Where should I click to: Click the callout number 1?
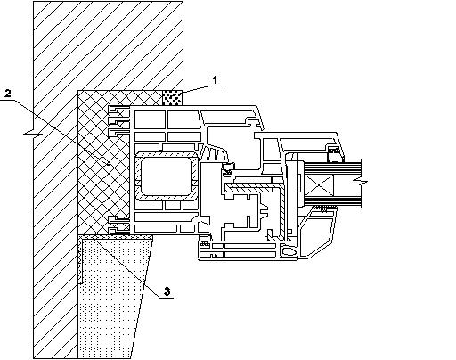215,80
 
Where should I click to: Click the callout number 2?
8,94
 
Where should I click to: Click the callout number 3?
167,291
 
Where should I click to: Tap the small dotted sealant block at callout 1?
172,98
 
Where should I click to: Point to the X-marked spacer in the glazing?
319,185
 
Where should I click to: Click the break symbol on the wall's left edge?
33,134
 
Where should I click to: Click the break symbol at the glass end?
361,182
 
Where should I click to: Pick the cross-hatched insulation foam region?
103,162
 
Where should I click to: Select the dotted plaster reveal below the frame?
113,297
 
